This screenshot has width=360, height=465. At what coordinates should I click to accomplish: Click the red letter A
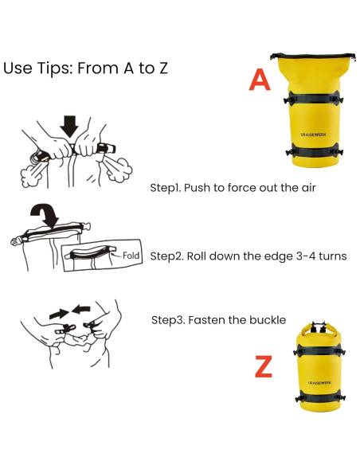pyautogui.click(x=260, y=80)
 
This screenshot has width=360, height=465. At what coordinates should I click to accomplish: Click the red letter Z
pyautogui.click(x=264, y=366)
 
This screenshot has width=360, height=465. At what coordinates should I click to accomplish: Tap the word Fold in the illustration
pyautogui.click(x=131, y=256)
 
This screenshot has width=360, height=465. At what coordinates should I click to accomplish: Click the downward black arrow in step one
pyautogui.click(x=69, y=126)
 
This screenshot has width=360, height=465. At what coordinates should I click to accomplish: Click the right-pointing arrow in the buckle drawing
pyautogui.click(x=59, y=314)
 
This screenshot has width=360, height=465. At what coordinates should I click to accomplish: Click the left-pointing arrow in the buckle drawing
pyautogui.click(x=81, y=309)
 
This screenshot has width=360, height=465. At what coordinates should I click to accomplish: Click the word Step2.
pyautogui.click(x=166, y=256)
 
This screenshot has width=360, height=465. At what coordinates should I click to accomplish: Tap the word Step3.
pyautogui.click(x=168, y=320)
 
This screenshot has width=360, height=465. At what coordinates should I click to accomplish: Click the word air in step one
pyautogui.click(x=309, y=188)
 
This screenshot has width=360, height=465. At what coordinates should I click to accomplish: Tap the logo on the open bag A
pyautogui.click(x=313, y=135)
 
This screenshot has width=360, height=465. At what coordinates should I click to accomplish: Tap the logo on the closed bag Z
pyautogui.click(x=319, y=382)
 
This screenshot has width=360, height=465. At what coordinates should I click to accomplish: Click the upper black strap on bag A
pyautogui.click(x=313, y=100)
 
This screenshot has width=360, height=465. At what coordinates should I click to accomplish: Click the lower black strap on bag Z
pyautogui.click(x=320, y=397)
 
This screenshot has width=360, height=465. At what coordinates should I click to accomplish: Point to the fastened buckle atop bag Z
pyautogui.click(x=319, y=326)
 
